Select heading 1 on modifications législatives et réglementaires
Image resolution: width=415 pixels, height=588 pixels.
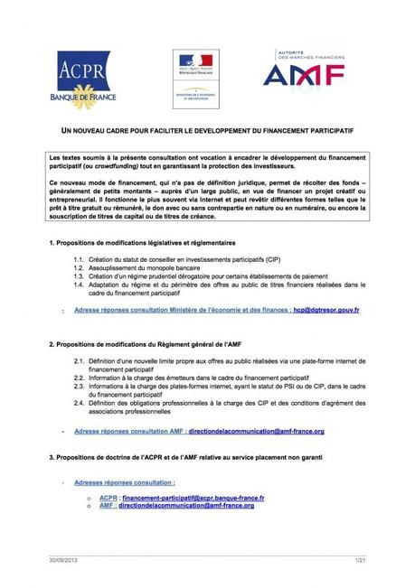(x=142, y=244)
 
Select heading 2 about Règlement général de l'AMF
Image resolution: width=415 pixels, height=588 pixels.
(x=146, y=345)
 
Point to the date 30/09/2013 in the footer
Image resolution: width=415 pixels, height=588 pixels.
(x=64, y=560)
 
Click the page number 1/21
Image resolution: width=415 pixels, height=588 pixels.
(x=358, y=560)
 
